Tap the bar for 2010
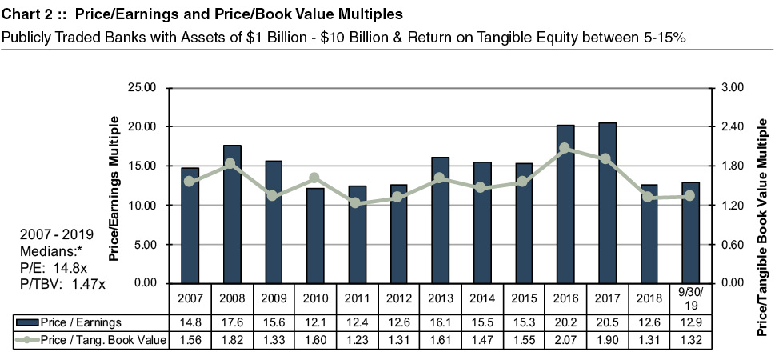pyautogui.click(x=314, y=236)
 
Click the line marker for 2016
pyautogui.click(x=565, y=148)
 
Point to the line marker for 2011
pyautogui.click(x=357, y=203)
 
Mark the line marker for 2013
pyautogui.click(x=440, y=178)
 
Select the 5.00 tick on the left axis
pyautogui.click(x=149, y=244)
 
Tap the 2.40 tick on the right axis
pyautogui.click(x=733, y=126)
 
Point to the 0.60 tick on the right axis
pyautogui.click(x=733, y=244)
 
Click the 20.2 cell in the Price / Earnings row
pyautogui.click(x=565, y=322)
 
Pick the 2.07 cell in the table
pyautogui.click(x=565, y=341)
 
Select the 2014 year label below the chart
pyautogui.click(x=481, y=300)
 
